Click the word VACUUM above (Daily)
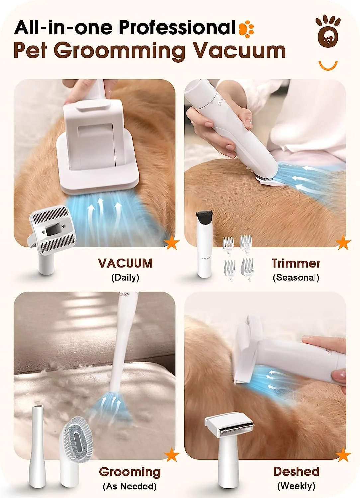pyautogui.click(x=125, y=263)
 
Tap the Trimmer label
pyautogui.click(x=296, y=263)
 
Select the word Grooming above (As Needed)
pyautogui.click(x=130, y=472)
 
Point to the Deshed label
pyautogui.click(x=296, y=471)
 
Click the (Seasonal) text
pyautogui.click(x=296, y=277)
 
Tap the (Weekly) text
pyautogui.click(x=296, y=486)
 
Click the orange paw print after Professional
pyautogui.click(x=246, y=28)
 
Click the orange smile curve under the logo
pyautogui.click(x=328, y=65)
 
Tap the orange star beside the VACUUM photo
pyautogui.click(x=172, y=243)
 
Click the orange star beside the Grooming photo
pyautogui.click(x=172, y=455)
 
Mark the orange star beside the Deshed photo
pyautogui.click(x=343, y=455)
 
